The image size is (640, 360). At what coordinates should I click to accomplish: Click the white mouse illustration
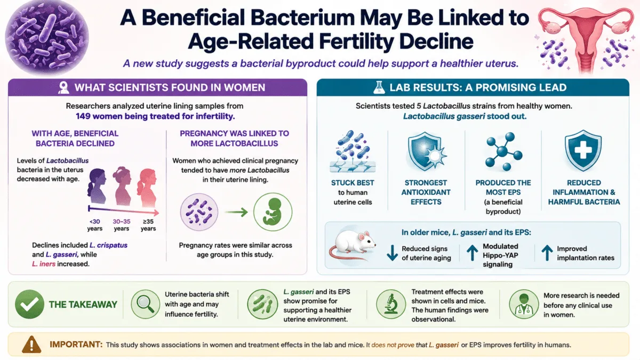[353, 244]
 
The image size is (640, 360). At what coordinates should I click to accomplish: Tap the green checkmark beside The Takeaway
[29, 304]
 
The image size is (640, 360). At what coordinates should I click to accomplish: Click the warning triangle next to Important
[31, 345]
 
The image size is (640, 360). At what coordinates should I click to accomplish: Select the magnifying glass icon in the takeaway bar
[146, 304]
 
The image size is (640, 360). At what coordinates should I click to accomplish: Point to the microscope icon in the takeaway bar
[391, 304]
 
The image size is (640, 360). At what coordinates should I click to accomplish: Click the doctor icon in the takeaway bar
[524, 304]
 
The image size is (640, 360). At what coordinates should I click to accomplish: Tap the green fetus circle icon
[273, 212]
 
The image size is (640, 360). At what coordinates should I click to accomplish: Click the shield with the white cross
[583, 150]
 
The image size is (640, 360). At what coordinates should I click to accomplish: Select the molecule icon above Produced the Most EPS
[503, 151]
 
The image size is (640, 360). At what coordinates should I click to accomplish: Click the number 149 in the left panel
[83, 116]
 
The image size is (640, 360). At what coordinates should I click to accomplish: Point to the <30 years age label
[94, 225]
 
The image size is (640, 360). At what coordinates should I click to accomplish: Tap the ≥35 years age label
[148, 225]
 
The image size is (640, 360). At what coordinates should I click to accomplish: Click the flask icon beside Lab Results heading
[379, 87]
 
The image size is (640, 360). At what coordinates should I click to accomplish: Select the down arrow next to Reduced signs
[393, 253]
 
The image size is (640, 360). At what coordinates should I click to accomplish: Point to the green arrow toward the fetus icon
[236, 212]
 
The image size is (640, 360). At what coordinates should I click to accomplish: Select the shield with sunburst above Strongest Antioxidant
[427, 151]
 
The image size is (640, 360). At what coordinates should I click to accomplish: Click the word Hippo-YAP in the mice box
[500, 255]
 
